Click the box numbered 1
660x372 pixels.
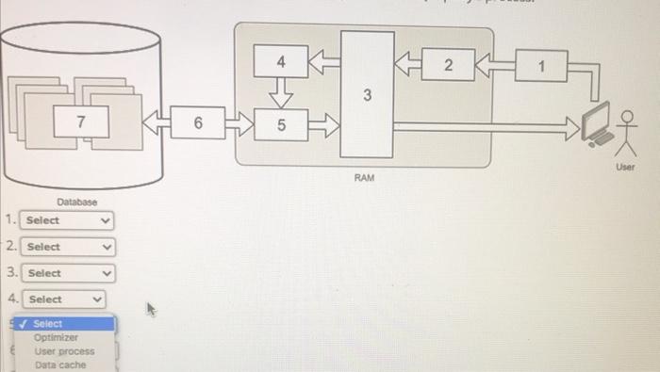(541, 66)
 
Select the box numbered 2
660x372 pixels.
(448, 65)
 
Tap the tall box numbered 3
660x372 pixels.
(368, 94)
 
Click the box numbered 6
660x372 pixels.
(198, 123)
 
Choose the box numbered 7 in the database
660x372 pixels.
(81, 121)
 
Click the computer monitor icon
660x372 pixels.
(596, 127)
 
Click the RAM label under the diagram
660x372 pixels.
(365, 177)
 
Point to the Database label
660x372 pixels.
(77, 202)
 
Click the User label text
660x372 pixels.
(625, 167)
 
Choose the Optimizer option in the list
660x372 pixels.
(57, 337)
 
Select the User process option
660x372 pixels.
(64, 351)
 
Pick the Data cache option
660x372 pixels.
(59, 364)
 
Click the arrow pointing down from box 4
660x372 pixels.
(280, 93)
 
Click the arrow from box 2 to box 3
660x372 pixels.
(407, 65)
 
